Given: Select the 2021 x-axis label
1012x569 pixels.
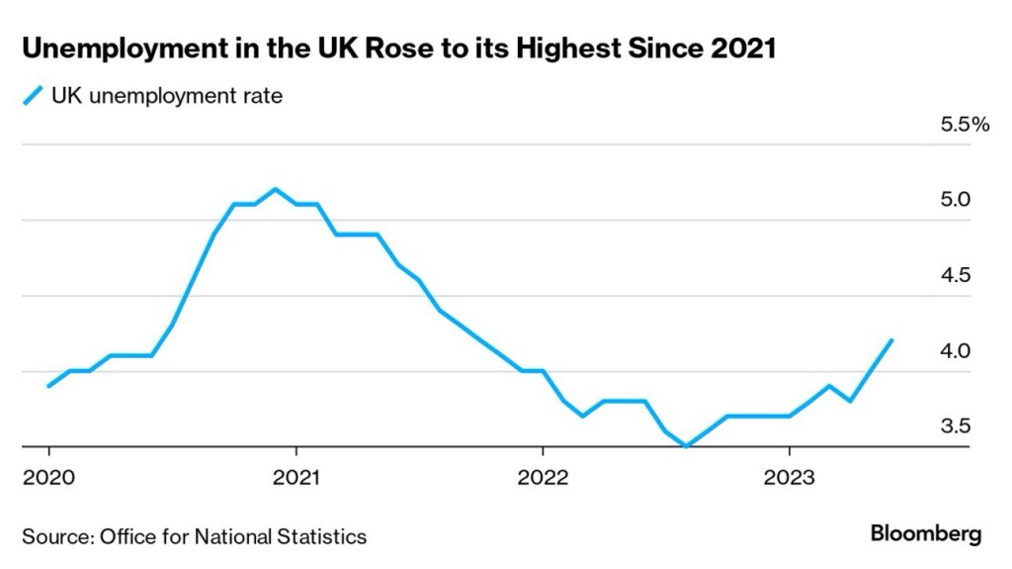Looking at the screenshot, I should [x=295, y=476].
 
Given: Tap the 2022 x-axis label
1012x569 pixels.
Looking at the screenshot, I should [x=543, y=476].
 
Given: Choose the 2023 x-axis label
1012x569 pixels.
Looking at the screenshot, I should [x=788, y=476].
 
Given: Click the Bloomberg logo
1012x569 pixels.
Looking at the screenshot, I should [x=926, y=534].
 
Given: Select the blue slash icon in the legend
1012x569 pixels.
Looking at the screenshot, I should [x=33, y=96].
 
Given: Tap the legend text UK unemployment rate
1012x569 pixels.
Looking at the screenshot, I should [x=167, y=96].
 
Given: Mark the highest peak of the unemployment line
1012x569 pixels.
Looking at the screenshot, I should [x=275, y=189].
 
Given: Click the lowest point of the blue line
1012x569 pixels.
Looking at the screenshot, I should [x=686, y=446].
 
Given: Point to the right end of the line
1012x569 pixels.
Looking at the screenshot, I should [x=892, y=340].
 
